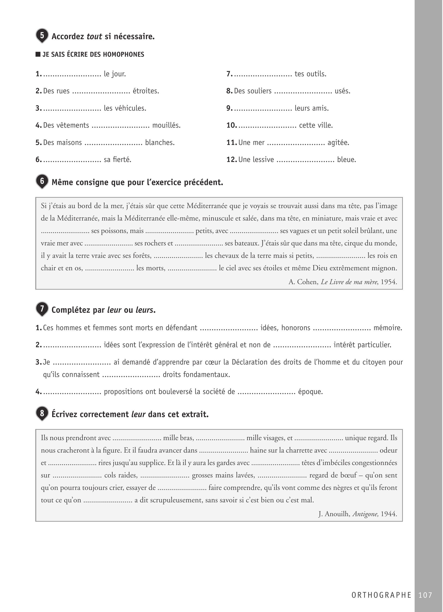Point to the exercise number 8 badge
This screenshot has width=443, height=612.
coord(42,413)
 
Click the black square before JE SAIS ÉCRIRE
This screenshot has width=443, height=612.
coord(38,54)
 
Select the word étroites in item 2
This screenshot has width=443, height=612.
coord(146,91)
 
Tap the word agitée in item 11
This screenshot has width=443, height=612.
coord(338,142)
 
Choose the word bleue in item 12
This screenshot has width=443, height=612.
coord(346,159)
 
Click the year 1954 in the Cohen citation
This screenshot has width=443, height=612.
coord(389,282)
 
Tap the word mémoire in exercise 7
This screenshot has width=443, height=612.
coord(388,328)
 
